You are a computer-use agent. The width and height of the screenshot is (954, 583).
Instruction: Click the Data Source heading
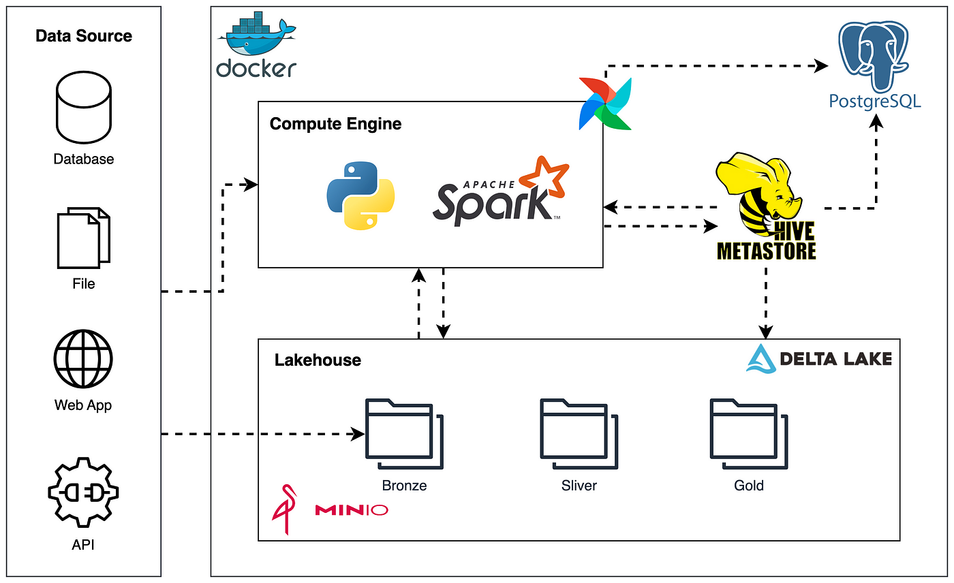[83, 35]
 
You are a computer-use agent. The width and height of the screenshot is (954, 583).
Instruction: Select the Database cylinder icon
[83, 107]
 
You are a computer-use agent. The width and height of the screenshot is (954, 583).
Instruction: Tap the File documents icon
[83, 238]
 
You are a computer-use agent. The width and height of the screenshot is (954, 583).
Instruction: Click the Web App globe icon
[83, 359]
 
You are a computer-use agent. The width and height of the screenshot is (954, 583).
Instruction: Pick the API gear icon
[83, 492]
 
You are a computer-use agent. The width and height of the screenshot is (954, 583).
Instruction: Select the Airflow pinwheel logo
[605, 104]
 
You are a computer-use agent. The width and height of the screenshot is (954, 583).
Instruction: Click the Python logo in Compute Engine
[360, 195]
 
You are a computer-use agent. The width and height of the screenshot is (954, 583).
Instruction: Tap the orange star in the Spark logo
[545, 176]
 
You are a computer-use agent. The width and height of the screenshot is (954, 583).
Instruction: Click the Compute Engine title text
[335, 124]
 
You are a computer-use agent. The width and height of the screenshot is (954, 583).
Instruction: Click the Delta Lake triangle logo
[761, 359]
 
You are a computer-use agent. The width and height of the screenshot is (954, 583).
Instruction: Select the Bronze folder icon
[404, 434]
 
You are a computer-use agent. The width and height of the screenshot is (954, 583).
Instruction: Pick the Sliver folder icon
[579, 434]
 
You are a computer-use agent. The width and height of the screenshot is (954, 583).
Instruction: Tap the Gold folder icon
[749, 434]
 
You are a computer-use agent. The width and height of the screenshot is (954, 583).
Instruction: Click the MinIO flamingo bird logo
[285, 509]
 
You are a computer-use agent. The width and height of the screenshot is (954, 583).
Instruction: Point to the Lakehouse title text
[318, 360]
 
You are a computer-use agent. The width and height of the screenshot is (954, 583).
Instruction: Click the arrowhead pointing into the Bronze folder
[358, 434]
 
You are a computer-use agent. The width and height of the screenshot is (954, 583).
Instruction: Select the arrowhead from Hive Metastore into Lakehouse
[766, 332]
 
